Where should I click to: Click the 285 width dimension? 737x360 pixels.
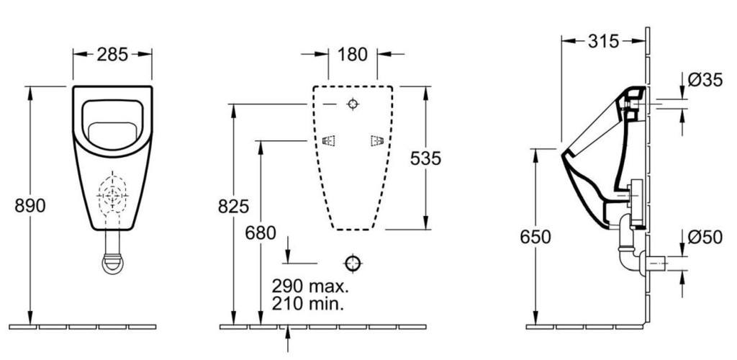(x=112, y=55)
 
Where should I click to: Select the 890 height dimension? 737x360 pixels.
(x=30, y=205)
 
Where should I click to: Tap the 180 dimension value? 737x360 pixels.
(x=353, y=55)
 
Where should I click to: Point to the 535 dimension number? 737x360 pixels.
(x=426, y=158)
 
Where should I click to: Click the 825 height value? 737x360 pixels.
(x=234, y=207)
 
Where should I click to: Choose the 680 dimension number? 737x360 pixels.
(x=261, y=233)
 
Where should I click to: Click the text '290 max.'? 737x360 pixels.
(x=311, y=285)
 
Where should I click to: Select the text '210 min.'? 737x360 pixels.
(x=308, y=304)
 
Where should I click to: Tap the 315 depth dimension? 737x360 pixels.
(x=604, y=41)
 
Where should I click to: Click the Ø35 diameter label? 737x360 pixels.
(x=705, y=81)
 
